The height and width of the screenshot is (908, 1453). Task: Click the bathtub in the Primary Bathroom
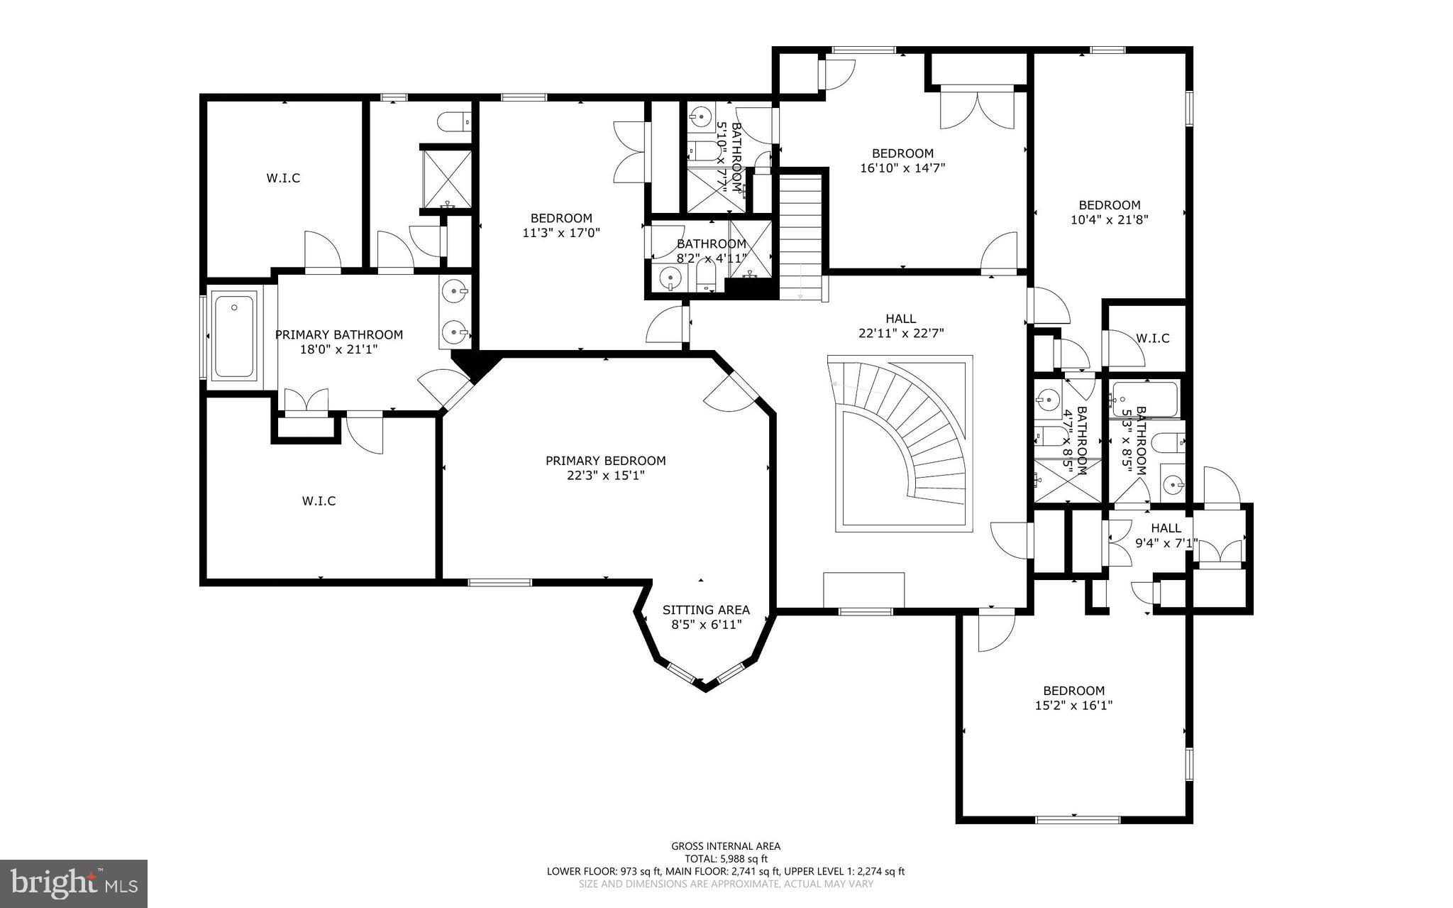(x=233, y=337)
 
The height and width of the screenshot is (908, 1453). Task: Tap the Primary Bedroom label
(x=605, y=461)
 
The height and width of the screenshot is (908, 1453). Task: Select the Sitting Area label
(x=706, y=610)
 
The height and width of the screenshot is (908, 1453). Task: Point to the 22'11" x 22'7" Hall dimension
(x=900, y=333)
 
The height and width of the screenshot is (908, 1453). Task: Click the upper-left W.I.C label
(x=283, y=177)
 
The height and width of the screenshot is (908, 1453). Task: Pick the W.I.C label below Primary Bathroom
(x=319, y=501)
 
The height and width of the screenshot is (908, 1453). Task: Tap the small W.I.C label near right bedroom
(x=1152, y=339)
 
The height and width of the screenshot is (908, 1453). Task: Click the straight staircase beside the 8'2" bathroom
(x=801, y=234)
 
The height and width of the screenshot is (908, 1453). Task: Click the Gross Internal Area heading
(x=725, y=846)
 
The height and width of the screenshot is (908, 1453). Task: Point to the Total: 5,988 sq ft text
(x=725, y=858)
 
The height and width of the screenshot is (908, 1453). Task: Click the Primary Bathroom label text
(x=338, y=334)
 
